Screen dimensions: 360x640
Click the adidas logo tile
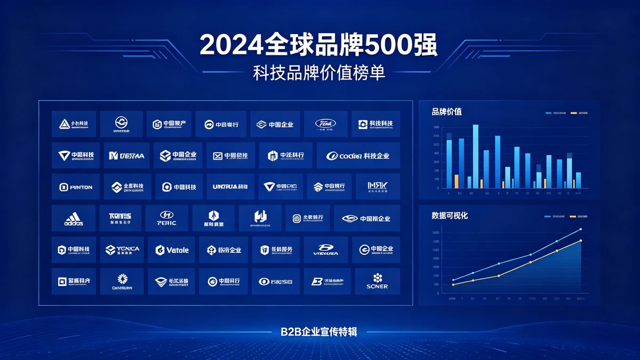pos(74,218)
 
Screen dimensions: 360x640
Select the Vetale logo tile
pos(172,250)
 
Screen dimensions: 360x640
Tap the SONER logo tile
pos(377,281)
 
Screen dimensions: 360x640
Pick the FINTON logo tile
pos(75,187)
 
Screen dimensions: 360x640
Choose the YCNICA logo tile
pos(122,250)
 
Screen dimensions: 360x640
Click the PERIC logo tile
pos(167,218)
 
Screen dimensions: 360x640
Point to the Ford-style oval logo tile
pos(325,124)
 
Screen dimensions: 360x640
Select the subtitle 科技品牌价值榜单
pos(319,74)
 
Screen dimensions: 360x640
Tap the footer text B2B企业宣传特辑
pos(319,332)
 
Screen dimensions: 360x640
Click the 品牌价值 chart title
pos(446,111)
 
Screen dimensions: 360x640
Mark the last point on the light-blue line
pos(580,229)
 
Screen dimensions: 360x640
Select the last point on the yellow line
pos(580,241)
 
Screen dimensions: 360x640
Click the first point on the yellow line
pos(453,285)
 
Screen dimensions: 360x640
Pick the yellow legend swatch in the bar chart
pos(573,113)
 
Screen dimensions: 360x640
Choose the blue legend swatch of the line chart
pos(548,217)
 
